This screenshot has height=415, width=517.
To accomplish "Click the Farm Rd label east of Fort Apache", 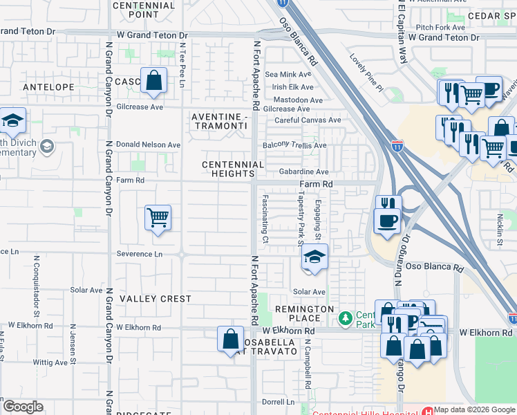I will tap(316, 185).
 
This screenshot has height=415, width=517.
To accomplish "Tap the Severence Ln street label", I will tap(139, 254).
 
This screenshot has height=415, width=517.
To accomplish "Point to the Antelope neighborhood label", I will tap(48, 87).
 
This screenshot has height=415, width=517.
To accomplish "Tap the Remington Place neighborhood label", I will tap(304, 313).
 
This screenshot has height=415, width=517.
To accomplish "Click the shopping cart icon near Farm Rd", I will tap(158, 217).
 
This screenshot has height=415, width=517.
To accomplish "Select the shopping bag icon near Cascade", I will tap(153, 80).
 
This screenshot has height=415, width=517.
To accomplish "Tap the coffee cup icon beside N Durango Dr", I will tap(386, 221).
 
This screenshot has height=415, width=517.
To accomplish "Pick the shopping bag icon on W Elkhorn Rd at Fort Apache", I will tap(230, 340).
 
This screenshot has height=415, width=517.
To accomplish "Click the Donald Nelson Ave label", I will tap(148, 145).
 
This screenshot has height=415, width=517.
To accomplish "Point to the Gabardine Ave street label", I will tap(303, 172).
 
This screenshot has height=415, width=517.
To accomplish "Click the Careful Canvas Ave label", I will tap(307, 120).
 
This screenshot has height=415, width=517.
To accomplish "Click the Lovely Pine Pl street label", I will tap(366, 73).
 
